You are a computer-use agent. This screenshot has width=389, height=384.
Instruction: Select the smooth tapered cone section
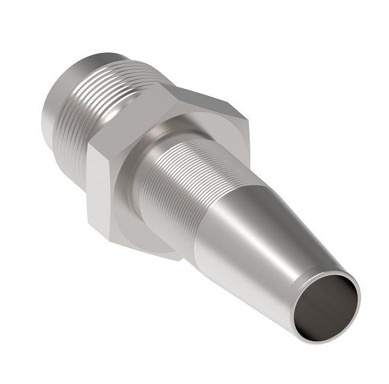coord(265,238)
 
